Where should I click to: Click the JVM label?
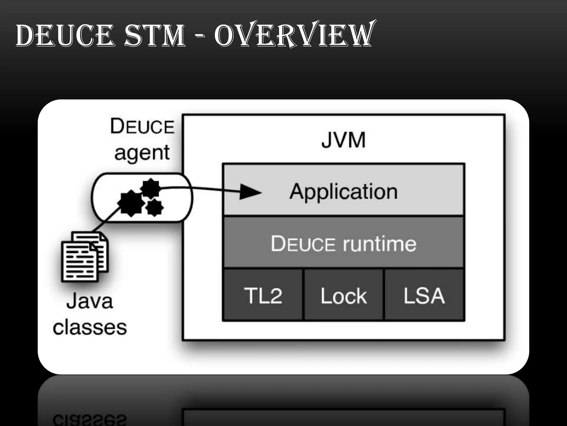click(344, 140)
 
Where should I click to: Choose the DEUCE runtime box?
click(344, 243)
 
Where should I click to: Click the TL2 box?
click(263, 295)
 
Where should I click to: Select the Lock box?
click(344, 295)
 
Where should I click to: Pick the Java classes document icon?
click(84, 257)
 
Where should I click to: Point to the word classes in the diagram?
click(90, 327)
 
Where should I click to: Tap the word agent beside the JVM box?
click(142, 153)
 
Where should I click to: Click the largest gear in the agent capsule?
click(131, 203)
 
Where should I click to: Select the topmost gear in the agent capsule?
click(150, 188)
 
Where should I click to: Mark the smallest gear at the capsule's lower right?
click(154, 207)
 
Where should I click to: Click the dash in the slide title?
click(199, 36)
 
